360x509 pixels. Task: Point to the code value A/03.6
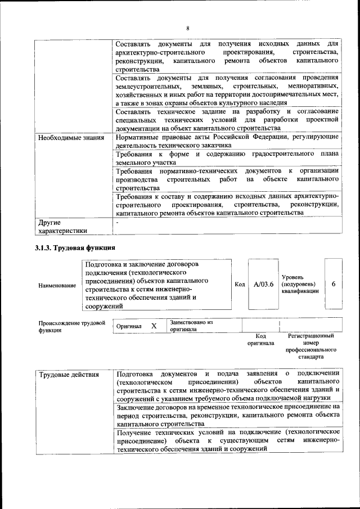[263, 285]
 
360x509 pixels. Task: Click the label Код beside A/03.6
[239, 285]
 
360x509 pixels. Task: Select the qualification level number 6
[334, 285]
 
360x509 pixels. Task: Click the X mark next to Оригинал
[154, 326]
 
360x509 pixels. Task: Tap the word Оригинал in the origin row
[129, 327]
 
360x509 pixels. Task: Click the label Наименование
[57, 286]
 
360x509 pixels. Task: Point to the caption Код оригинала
[260, 339]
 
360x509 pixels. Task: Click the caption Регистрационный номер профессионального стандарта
[310, 346]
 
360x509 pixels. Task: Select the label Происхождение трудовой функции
[71, 327]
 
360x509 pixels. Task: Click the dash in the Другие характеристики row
[116, 223]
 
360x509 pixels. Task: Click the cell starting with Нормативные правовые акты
[227, 141]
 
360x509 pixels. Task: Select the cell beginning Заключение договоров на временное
[227, 415]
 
